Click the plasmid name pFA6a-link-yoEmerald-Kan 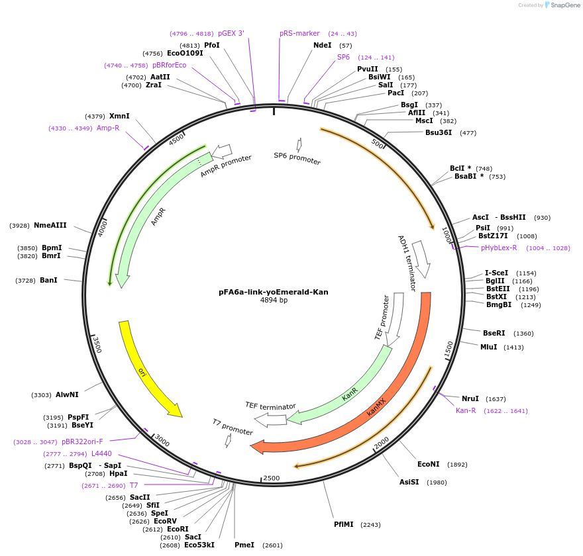point(274,292)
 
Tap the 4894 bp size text point(274,301)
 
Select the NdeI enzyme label point(322,46)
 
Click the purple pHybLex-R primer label point(499,248)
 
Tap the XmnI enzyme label point(119,116)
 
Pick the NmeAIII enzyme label point(50,226)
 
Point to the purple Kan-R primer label point(466,411)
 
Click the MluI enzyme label point(489,347)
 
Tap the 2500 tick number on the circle point(272,478)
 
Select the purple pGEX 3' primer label point(231,33)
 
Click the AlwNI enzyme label point(67,395)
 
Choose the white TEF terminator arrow point(270,420)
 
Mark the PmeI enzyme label point(244,545)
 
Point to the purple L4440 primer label point(101,454)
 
